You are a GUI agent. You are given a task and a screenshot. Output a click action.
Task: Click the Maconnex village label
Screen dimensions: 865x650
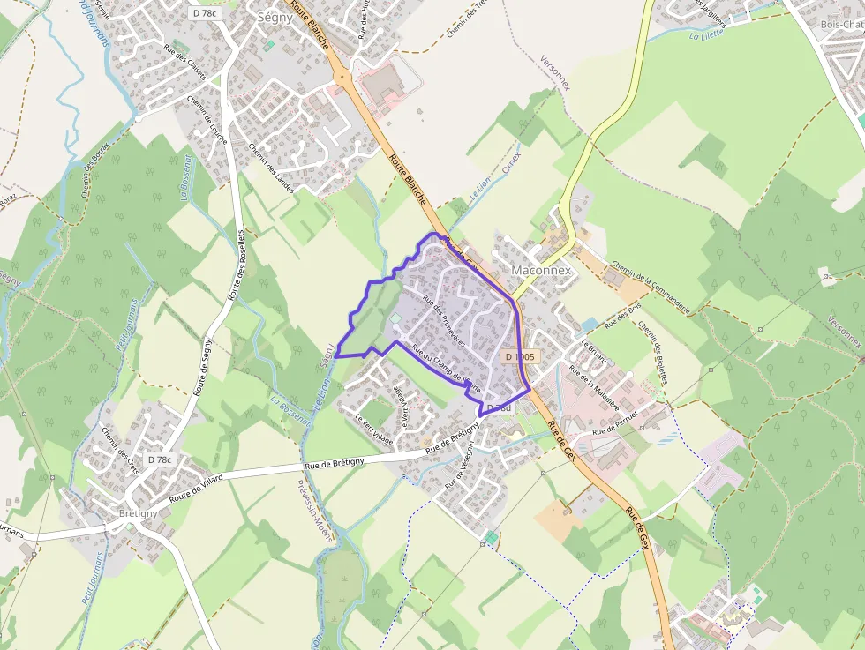[542, 270]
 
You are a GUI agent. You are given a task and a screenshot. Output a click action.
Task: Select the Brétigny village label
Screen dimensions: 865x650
[137, 513]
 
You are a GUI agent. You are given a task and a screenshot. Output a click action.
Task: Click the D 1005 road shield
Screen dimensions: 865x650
[519, 356]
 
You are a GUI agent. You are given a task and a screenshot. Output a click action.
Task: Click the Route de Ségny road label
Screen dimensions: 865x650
[204, 353]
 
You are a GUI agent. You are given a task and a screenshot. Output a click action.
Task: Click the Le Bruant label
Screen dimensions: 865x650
[594, 352]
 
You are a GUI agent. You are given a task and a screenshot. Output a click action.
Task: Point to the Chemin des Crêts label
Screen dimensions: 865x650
[121, 451]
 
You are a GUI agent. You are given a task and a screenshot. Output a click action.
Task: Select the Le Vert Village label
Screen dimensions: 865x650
[374, 430]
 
